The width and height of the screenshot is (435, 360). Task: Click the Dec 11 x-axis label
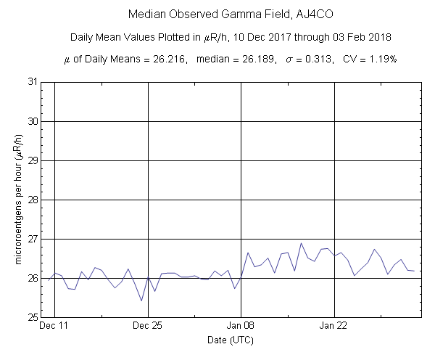[x=54, y=326]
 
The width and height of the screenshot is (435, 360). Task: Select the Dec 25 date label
[x=148, y=326]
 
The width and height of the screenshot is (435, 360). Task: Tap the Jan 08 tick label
[x=241, y=326]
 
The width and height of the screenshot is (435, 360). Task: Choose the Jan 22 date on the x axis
[x=334, y=326]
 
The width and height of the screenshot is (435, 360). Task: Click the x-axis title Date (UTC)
[x=231, y=340]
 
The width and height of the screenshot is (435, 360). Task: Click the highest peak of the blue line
[x=301, y=243]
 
